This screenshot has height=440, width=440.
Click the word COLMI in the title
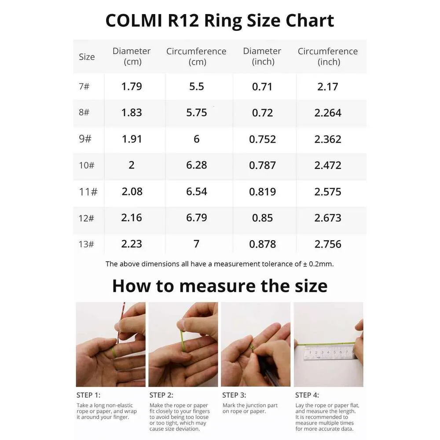click(134, 21)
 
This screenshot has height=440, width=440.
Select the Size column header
click(87, 57)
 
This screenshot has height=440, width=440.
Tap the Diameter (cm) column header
click(132, 56)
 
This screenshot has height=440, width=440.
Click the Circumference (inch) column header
click(328, 56)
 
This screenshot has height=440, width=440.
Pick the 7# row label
click(84, 86)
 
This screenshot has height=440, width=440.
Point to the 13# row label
click(86, 244)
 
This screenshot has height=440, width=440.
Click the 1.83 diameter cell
click(132, 113)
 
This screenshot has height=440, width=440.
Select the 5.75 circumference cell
click(196, 113)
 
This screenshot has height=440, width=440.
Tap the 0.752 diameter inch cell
click(262, 139)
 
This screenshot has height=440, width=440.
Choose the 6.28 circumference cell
click(196, 165)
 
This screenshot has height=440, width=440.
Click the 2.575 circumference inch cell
click(328, 192)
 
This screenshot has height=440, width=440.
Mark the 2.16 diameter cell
click(132, 218)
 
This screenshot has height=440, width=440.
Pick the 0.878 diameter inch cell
click(262, 244)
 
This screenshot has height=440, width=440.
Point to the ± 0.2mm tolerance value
click(318, 264)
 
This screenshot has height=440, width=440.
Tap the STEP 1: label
click(88, 395)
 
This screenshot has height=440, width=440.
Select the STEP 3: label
click(234, 395)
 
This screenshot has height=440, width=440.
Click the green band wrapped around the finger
click(114, 352)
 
